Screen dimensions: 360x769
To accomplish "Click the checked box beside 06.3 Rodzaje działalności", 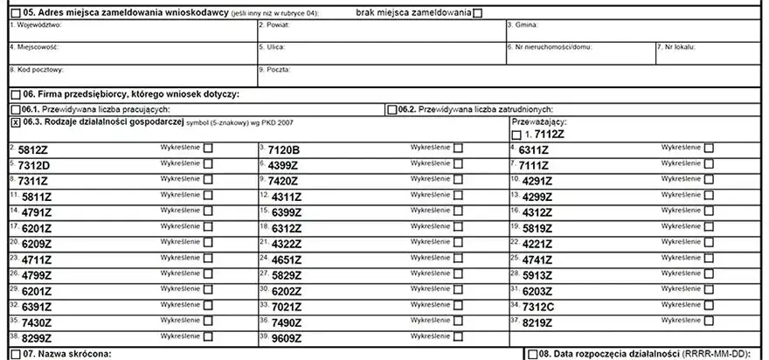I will tap(15, 124).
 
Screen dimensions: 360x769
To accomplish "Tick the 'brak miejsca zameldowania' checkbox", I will tap(476, 14).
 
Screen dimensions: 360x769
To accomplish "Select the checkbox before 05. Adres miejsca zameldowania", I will tap(15, 14).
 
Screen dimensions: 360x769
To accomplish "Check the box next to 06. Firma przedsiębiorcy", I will tap(15, 93).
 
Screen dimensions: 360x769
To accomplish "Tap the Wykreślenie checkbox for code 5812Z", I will tap(208, 149).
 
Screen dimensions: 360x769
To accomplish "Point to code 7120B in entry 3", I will tap(284, 150).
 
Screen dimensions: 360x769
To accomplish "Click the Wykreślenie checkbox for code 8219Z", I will tap(709, 321).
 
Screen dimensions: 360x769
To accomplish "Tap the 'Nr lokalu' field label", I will tap(682, 46).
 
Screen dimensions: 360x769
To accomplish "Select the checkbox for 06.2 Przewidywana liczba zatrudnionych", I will tap(391, 109).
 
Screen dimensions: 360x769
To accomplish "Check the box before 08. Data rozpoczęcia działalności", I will tap(532, 354).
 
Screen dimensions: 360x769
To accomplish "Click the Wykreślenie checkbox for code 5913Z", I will tap(709, 273).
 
